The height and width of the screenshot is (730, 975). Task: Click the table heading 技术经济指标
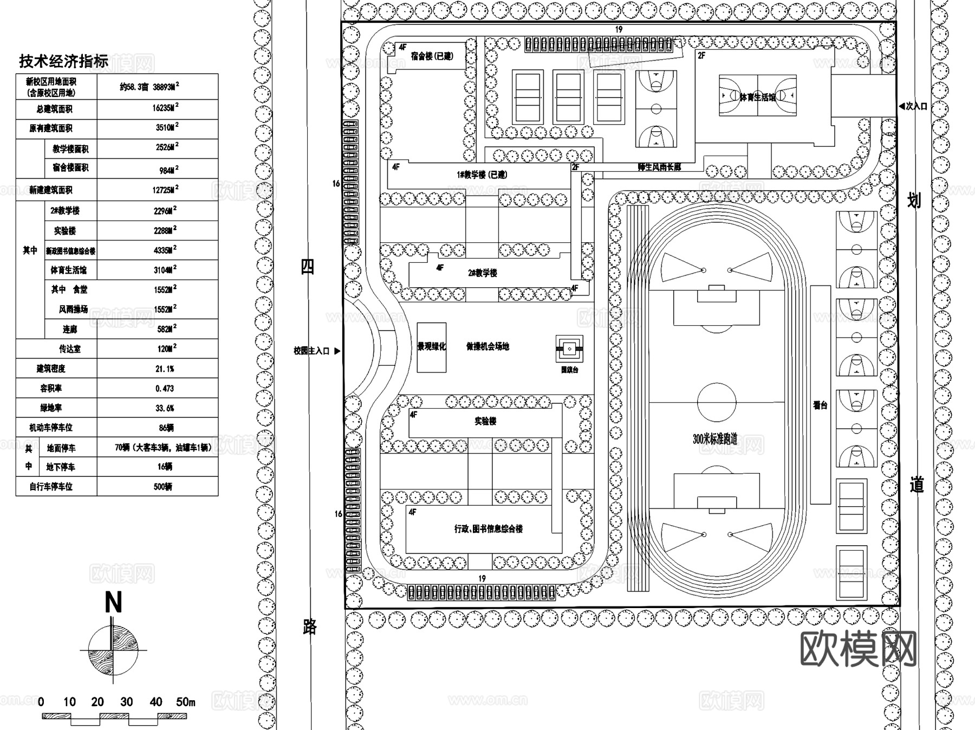tap(63, 61)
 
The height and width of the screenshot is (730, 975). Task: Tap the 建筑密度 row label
tap(51, 369)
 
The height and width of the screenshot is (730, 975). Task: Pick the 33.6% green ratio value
tap(165, 408)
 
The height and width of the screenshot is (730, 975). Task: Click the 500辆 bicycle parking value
tap(162, 487)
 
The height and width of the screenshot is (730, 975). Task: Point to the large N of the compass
tap(113, 603)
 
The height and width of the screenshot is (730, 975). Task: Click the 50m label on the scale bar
tap(185, 702)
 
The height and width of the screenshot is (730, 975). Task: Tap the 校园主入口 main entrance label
tap(311, 351)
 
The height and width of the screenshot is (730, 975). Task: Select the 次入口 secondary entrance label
tap(916, 107)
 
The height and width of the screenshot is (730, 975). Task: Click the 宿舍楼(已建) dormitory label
tap(432, 56)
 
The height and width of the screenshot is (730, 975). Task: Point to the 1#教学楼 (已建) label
tap(482, 175)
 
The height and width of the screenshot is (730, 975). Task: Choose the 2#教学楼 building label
tap(483, 273)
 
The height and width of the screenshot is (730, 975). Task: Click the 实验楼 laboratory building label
tap(485, 421)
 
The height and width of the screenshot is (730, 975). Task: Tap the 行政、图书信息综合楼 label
tap(488, 528)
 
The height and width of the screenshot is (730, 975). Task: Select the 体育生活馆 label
tap(757, 97)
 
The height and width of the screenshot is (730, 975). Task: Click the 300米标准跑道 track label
tap(715, 439)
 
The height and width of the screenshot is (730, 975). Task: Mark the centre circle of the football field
tap(717, 402)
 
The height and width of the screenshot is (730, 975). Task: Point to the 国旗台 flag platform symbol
tap(569, 349)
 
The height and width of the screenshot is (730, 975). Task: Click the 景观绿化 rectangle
tap(431, 347)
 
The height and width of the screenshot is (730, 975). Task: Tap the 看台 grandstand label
tap(820, 405)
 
